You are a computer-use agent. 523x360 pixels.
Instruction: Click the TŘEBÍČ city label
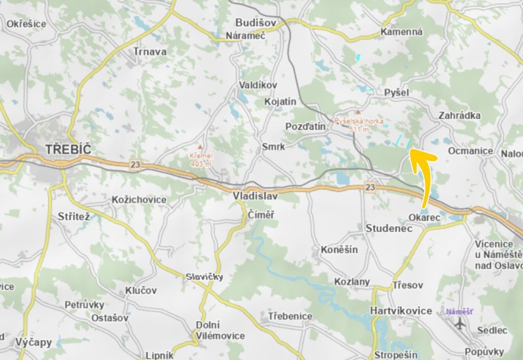pos(68,149)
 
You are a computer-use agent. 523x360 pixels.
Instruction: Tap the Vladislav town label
pos(255,196)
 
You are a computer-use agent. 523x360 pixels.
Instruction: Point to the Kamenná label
pos(401,32)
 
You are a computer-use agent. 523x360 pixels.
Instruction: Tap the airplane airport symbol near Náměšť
pos(460,323)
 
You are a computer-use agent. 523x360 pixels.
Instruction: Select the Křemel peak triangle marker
pos(200,147)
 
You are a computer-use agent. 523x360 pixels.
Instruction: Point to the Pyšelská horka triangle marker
pos(358,111)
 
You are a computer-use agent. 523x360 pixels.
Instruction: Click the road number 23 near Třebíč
pos(135,165)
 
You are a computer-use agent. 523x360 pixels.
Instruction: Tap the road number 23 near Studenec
pos(370,187)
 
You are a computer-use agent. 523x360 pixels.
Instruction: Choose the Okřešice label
pos(26,24)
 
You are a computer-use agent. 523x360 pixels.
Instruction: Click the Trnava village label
pos(150,52)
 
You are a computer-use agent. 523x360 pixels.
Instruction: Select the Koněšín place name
pos(339,249)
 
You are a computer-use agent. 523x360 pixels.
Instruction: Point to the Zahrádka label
pos(460,116)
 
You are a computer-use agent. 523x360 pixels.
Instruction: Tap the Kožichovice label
pos(139,199)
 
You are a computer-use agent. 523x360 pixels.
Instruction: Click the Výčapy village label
pos(34,342)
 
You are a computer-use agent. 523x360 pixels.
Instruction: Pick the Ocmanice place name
pos(470,151)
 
